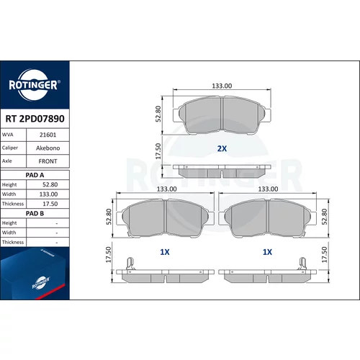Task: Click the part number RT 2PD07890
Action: pos(35,119)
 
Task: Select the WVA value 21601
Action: pos(48,135)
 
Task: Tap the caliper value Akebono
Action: pos(48,148)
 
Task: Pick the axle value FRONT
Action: pos(48,161)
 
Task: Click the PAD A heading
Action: pos(35,175)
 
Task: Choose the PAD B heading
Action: pos(35,213)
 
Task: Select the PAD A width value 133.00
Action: pos(48,194)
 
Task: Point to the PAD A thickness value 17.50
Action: pos(50,204)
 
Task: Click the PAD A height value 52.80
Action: pos(50,184)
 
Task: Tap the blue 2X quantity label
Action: pos(222,148)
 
